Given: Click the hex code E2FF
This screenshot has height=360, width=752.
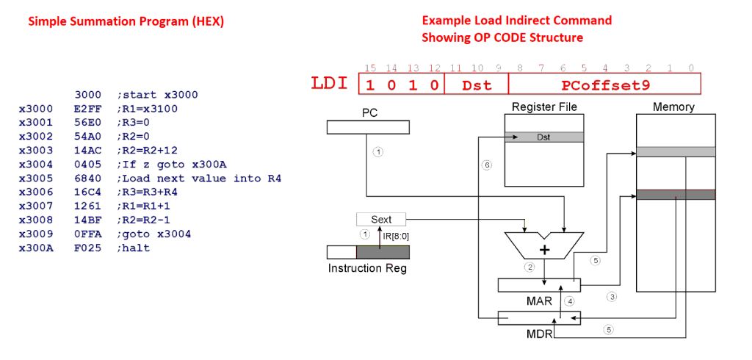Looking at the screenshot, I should pos(85,109).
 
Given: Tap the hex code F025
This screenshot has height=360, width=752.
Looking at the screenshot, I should pos(85,248).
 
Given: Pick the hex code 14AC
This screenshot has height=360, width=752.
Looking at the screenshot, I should pos(85,151).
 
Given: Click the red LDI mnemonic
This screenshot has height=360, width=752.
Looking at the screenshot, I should pos(330,84).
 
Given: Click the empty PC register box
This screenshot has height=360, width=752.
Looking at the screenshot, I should pos(368,128).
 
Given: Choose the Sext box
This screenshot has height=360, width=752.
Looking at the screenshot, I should pos(381,219).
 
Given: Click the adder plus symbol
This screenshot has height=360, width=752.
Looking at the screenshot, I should pos(545,250).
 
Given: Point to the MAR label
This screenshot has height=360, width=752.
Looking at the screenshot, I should pos(539,300).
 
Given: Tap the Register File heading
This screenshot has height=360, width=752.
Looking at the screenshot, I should pos(543,107).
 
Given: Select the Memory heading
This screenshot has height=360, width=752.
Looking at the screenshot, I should pos(673,107).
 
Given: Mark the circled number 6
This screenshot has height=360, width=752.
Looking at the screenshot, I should pos(486,165).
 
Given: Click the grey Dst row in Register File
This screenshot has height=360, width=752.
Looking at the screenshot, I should pos(543,137).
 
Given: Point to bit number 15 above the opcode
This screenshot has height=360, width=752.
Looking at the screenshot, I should pos(370,68).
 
